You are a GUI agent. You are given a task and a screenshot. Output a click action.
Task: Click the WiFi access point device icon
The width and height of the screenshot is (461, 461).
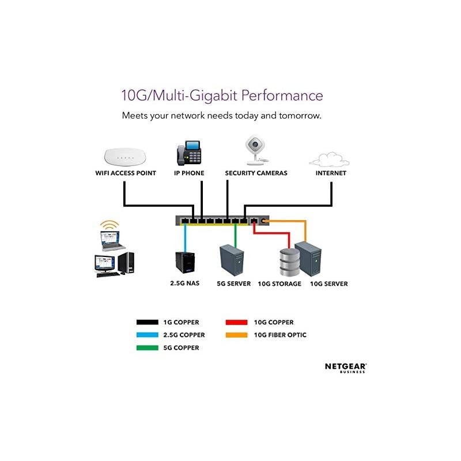[x=125, y=156]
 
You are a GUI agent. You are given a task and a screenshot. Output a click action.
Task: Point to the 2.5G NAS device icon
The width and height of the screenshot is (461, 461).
[x=185, y=264]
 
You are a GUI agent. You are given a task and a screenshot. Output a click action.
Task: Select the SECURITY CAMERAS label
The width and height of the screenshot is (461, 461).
[x=256, y=173]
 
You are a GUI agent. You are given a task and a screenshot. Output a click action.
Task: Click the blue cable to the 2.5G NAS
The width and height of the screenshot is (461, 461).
[x=185, y=236]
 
